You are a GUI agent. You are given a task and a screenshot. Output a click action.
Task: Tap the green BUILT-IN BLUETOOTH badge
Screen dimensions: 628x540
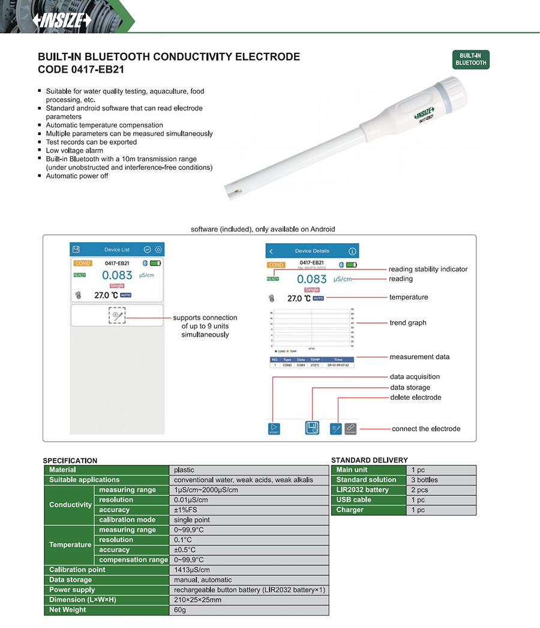471,59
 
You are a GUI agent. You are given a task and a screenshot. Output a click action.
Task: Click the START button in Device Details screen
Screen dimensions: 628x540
274,429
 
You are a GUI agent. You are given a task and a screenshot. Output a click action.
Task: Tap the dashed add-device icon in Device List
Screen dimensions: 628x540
117,315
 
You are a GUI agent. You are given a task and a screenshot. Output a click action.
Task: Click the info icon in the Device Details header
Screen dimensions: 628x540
352,251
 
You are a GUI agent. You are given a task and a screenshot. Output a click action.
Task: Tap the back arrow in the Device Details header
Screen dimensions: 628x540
271,251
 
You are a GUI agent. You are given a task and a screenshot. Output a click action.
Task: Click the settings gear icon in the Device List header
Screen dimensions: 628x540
158,249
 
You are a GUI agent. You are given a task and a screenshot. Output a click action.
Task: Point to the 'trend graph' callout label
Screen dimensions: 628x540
408,323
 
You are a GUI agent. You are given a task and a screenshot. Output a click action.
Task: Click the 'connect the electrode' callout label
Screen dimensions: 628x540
426,429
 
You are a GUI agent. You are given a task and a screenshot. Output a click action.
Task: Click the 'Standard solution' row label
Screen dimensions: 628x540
366,480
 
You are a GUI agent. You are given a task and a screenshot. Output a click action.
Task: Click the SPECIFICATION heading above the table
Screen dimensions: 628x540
70,460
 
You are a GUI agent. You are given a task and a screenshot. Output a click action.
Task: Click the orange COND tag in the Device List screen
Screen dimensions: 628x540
83,263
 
